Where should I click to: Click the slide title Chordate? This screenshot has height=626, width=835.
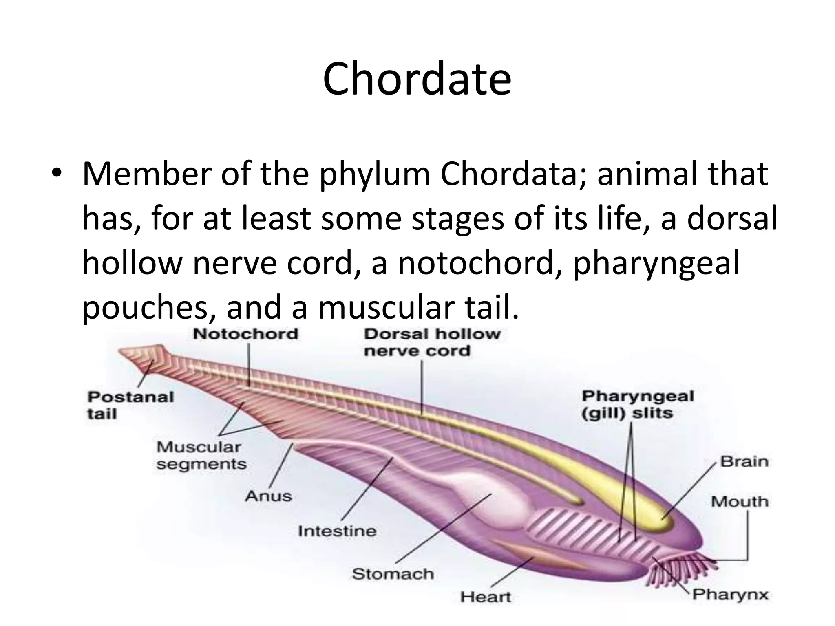(417, 79)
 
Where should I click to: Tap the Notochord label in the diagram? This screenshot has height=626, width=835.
(245, 334)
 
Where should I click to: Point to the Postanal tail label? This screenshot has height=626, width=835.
(130, 405)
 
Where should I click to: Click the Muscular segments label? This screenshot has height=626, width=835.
(201, 455)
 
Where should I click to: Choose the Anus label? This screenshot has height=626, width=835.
(269, 496)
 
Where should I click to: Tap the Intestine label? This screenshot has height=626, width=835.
(337, 531)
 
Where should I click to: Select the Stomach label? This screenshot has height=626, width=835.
(393, 574)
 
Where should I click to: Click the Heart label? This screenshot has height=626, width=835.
(485, 597)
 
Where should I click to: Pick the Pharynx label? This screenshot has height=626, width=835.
(730, 595)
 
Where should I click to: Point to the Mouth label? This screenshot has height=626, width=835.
(740, 501)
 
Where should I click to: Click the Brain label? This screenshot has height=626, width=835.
(744, 462)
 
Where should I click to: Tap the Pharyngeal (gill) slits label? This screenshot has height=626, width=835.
(637, 404)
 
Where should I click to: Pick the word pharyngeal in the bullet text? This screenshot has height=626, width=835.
(656, 263)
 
